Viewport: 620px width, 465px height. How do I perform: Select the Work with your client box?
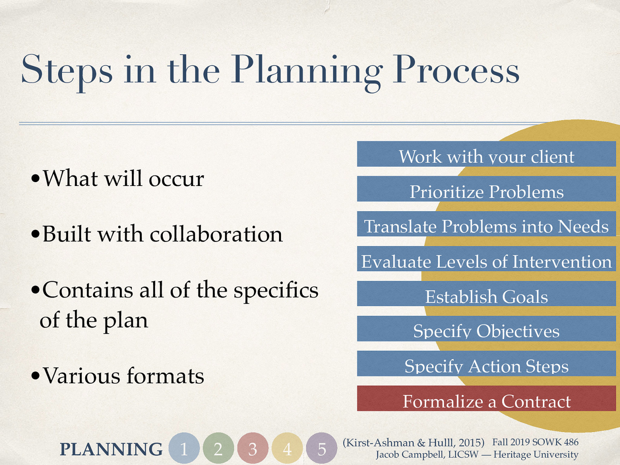click(x=486, y=154)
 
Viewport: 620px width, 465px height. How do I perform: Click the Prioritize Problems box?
click(x=486, y=189)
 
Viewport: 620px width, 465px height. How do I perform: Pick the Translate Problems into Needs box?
click(x=486, y=224)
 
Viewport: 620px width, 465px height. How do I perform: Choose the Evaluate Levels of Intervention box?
click(x=486, y=259)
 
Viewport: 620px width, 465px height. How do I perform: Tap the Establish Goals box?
click(x=486, y=294)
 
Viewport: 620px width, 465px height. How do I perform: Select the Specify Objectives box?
click(x=486, y=329)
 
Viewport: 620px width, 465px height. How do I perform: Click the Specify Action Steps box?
click(x=486, y=363)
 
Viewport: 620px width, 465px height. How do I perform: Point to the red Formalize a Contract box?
click(x=486, y=398)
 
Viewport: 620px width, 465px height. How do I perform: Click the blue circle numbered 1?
click(x=184, y=448)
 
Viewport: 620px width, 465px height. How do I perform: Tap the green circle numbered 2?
click(x=218, y=448)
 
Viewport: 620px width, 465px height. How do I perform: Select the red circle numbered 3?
click(x=253, y=448)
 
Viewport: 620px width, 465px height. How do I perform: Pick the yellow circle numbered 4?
click(x=287, y=448)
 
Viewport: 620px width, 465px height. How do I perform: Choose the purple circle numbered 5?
click(x=322, y=448)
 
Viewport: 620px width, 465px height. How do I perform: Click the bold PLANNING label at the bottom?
click(x=111, y=449)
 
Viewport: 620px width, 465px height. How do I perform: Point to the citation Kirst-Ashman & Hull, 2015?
click(x=413, y=443)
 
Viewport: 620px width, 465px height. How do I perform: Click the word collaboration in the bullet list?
click(x=216, y=234)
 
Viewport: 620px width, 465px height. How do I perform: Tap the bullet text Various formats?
click(x=123, y=376)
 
